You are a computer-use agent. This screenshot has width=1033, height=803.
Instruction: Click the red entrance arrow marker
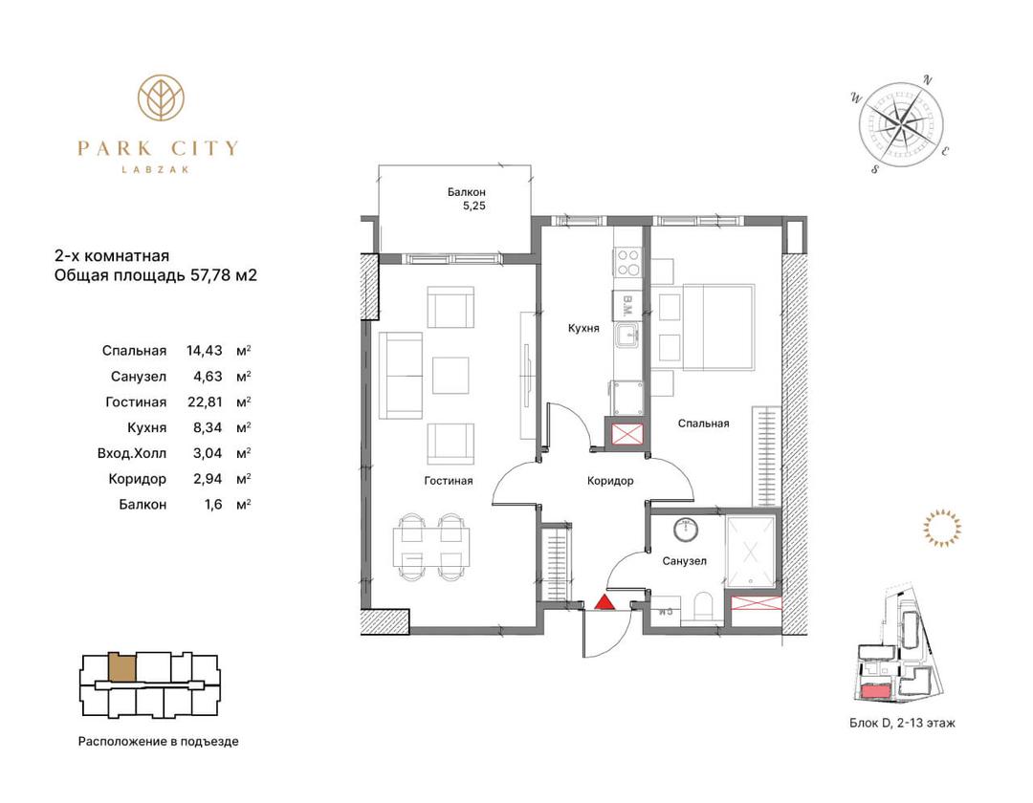click(x=604, y=602)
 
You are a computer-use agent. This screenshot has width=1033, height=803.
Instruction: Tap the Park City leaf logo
click(x=161, y=98)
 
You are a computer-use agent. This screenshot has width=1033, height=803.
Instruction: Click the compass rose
click(x=901, y=123)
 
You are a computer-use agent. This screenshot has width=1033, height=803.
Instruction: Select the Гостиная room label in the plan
click(x=448, y=481)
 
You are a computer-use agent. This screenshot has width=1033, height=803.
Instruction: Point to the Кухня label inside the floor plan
click(x=583, y=328)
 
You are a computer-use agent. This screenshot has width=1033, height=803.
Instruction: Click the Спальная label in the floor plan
click(x=704, y=423)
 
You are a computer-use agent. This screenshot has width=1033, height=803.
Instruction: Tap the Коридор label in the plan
click(x=610, y=481)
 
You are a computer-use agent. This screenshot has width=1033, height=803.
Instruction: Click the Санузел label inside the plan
click(x=685, y=561)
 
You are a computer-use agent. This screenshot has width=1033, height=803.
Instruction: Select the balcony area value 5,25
click(x=474, y=206)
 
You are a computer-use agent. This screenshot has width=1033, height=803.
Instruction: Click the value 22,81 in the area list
click(x=205, y=401)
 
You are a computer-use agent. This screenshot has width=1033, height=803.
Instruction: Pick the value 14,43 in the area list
click(x=205, y=350)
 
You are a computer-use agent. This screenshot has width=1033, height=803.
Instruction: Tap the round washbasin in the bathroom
click(x=686, y=529)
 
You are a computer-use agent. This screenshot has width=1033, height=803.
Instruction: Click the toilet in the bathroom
click(x=704, y=606)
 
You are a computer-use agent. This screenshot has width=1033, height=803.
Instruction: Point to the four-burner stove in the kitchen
click(x=627, y=263)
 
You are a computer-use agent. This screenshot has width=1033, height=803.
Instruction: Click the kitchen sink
click(x=627, y=335)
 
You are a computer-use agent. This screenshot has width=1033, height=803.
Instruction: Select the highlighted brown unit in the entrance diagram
click(x=121, y=666)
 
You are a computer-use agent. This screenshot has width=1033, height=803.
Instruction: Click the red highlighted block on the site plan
click(x=875, y=690)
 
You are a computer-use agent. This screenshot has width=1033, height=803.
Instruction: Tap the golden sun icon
click(x=941, y=528)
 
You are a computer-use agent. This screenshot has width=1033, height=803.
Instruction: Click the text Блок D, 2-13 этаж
click(x=902, y=723)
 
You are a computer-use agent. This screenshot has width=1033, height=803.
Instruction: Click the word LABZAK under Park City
click(x=156, y=169)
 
